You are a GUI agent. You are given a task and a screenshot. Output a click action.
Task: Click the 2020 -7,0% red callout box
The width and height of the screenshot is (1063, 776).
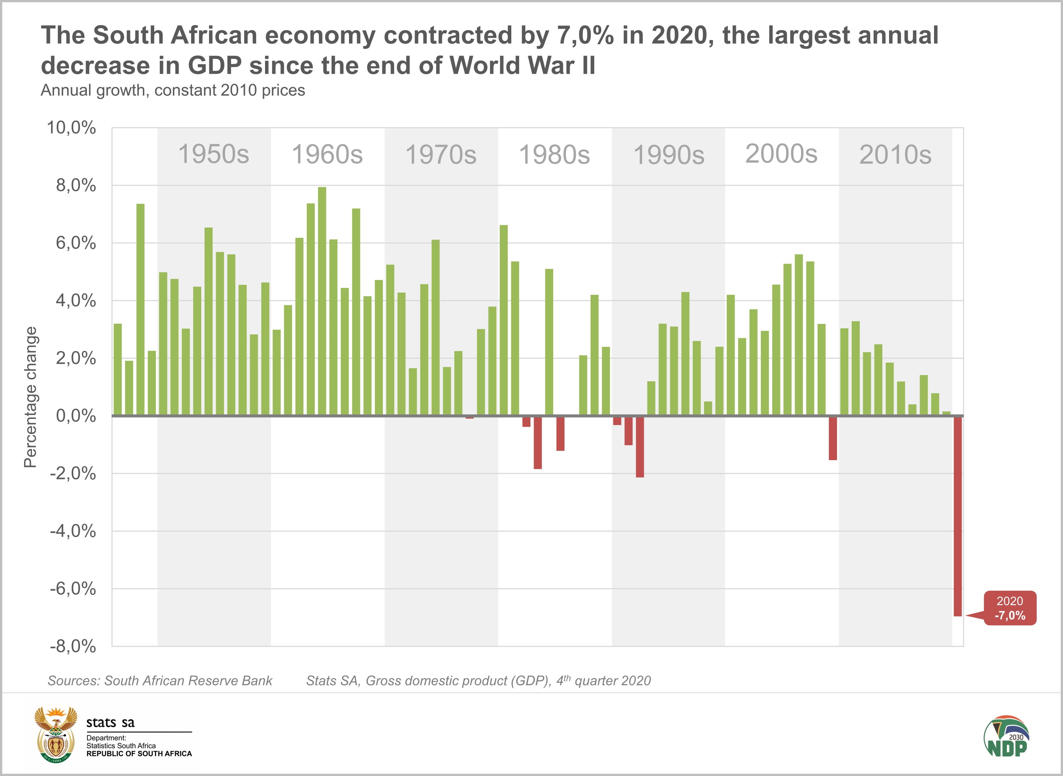[1009, 608]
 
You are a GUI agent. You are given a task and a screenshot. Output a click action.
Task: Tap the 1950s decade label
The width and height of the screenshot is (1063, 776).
[214, 154]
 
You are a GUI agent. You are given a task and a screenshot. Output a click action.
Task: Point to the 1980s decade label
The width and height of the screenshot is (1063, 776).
[554, 155]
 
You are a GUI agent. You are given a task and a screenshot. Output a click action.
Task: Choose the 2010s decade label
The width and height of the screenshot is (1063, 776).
[895, 155]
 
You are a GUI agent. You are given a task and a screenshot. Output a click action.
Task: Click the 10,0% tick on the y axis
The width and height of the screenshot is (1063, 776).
[71, 128]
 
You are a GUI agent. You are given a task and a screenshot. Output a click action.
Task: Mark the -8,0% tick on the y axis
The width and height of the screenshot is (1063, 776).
[73, 646]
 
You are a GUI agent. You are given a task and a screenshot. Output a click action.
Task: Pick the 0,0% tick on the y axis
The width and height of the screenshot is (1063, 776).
[75, 416]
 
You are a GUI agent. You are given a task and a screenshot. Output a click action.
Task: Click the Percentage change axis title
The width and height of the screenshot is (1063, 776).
[30, 397]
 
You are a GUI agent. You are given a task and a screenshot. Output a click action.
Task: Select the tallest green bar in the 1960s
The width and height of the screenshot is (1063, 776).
[322, 301]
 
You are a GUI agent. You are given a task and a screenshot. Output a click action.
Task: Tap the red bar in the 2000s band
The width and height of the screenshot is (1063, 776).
[832, 438]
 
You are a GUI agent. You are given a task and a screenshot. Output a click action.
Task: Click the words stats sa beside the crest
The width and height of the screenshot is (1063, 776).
[110, 722]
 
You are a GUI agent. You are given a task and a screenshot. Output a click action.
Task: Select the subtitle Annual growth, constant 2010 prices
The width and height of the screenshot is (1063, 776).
[173, 90]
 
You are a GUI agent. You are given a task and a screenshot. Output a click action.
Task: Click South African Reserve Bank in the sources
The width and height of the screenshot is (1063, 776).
[188, 681]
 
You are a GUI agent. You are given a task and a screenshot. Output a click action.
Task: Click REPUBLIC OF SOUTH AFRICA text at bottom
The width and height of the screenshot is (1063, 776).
[139, 753]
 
